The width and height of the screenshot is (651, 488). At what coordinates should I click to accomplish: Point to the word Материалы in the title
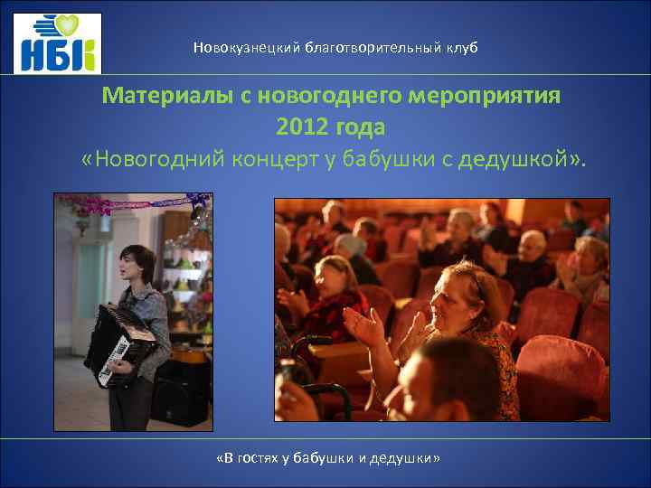click(x=167, y=96)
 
